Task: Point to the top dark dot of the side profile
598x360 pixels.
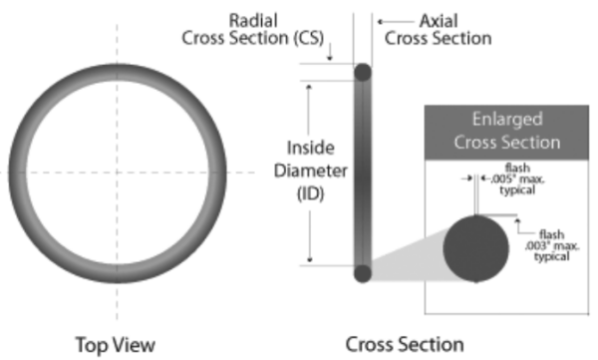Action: [362, 73]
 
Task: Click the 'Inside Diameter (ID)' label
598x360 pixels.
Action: [310, 170]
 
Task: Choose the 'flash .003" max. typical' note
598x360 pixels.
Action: [554, 245]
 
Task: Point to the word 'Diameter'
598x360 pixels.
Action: [310, 170]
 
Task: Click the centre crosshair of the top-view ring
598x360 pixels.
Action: [116, 173]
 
